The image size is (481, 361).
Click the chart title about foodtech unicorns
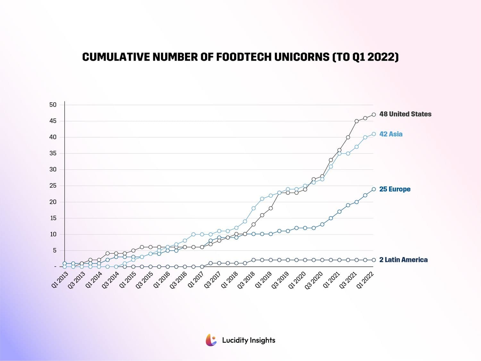[x=240, y=57]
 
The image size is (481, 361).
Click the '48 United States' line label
[x=405, y=114]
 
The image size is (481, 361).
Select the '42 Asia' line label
[x=391, y=134]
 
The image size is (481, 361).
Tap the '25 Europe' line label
[x=394, y=189]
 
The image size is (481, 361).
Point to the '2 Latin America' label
[x=403, y=260]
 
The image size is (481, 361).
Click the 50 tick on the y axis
[x=53, y=105]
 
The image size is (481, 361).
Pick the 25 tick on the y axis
[x=53, y=186]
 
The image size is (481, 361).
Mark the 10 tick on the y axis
[x=53, y=234]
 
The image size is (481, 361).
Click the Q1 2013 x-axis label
[x=60, y=280]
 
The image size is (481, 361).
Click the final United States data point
[x=374, y=115]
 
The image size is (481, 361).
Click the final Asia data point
[x=374, y=134]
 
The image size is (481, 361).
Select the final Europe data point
[x=374, y=189]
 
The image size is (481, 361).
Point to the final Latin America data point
[x=374, y=260]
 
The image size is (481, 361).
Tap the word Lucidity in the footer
[x=235, y=340]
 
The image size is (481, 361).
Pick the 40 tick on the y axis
[x=53, y=137]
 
